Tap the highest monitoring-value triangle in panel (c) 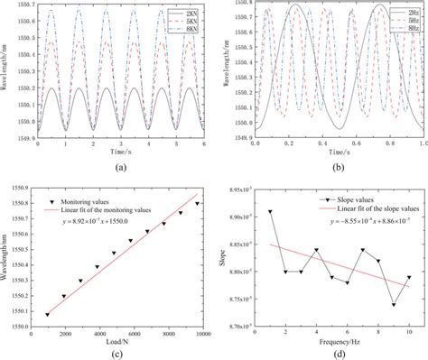coord(197,203)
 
